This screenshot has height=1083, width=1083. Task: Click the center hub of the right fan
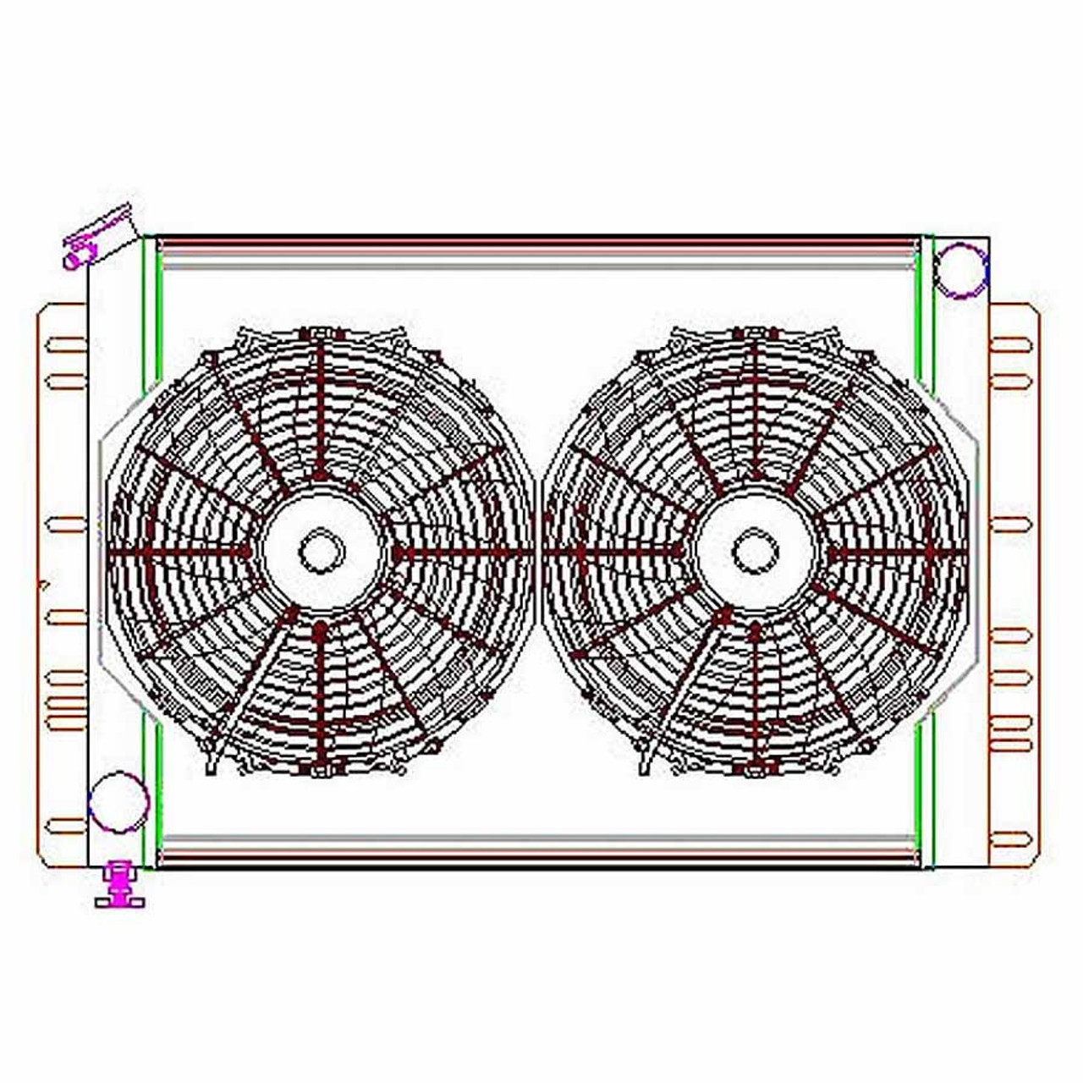[755, 552]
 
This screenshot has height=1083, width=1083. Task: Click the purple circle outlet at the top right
[961, 270]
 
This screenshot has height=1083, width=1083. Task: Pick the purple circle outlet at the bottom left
[118, 802]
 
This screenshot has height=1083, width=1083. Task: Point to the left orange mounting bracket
[63, 584]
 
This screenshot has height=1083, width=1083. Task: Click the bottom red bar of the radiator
[538, 859]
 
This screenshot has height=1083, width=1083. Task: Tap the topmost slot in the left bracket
[66, 344]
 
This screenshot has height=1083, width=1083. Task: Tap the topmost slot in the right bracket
[1011, 344]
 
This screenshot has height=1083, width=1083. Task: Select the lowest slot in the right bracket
[1011, 839]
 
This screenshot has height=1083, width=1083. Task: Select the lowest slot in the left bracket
[66, 826]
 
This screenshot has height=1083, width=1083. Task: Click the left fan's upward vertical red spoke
[321, 406]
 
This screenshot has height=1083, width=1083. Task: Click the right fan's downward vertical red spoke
[755, 694]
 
